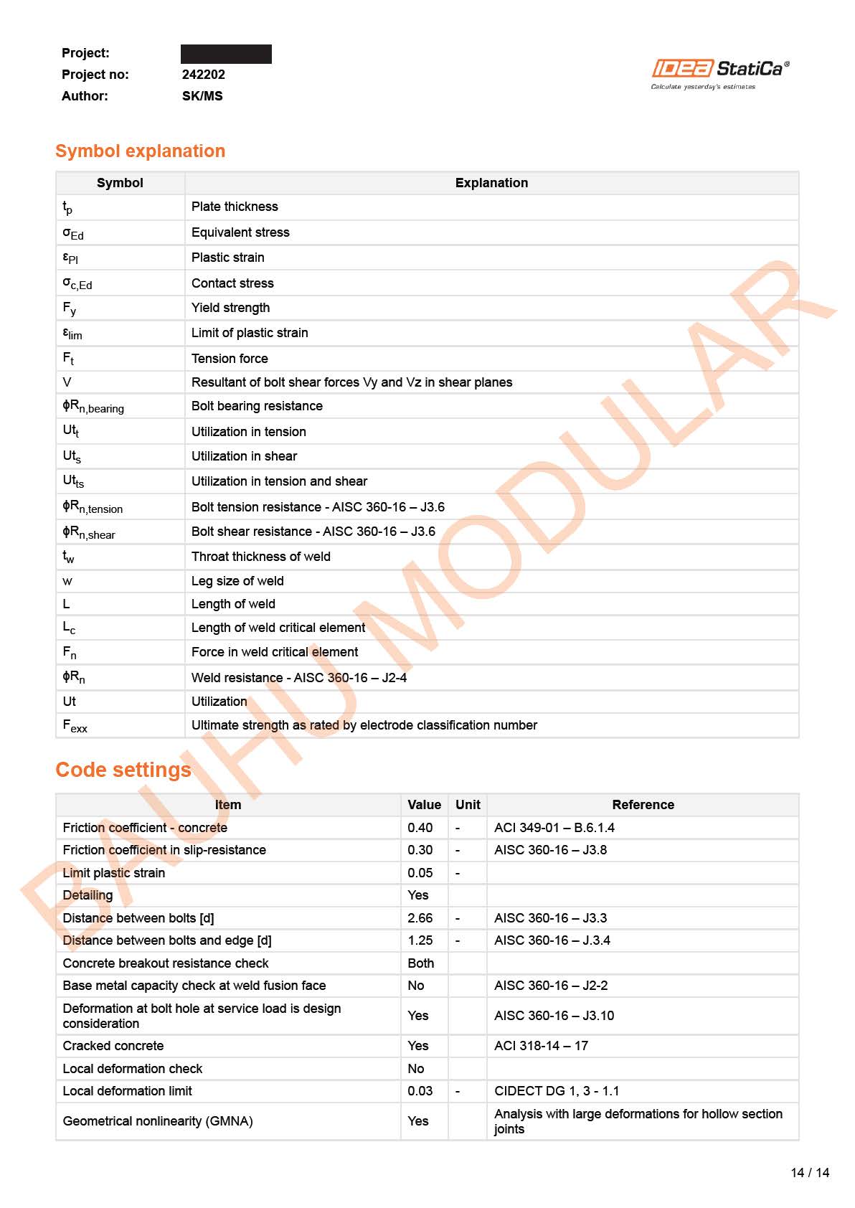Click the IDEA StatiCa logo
[719, 73]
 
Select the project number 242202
[203, 75]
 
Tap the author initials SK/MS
[202, 96]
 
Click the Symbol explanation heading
[141, 151]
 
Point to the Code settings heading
[123, 770]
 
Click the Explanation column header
[491, 183]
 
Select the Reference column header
[643, 805]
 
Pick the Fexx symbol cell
[75, 726]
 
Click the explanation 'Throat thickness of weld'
[261, 557]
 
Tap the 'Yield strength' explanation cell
[231, 308]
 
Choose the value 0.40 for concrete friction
[420, 828]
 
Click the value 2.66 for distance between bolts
[420, 918]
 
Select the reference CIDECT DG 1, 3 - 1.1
[557, 1091]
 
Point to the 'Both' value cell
[420, 963]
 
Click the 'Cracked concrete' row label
[113, 1046]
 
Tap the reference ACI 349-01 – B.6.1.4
[554, 828]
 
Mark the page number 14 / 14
[810, 1173]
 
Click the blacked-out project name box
[226, 54]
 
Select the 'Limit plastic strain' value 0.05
[420, 873]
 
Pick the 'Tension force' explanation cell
[230, 359]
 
